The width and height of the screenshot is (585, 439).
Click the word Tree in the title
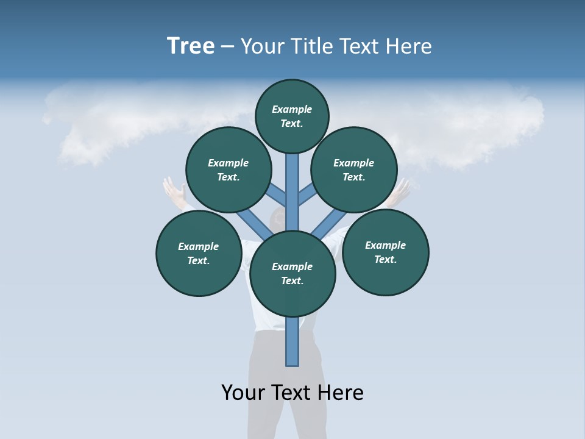[191, 46]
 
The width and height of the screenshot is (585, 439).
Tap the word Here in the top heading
[406, 46]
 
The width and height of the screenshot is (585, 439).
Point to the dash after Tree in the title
[228, 47]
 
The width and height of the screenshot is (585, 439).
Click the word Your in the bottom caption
[243, 392]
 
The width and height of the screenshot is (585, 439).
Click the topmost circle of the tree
[292, 116]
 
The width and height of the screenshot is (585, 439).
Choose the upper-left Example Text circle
[229, 170]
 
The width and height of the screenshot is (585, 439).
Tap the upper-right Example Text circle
[354, 170]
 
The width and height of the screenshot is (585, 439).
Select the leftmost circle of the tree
[199, 253]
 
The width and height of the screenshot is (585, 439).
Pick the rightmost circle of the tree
[385, 252]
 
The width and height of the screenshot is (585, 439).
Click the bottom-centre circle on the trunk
[292, 273]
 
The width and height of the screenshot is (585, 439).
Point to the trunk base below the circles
[292, 344]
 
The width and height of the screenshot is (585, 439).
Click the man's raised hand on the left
[172, 191]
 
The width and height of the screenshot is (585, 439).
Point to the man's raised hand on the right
[400, 190]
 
